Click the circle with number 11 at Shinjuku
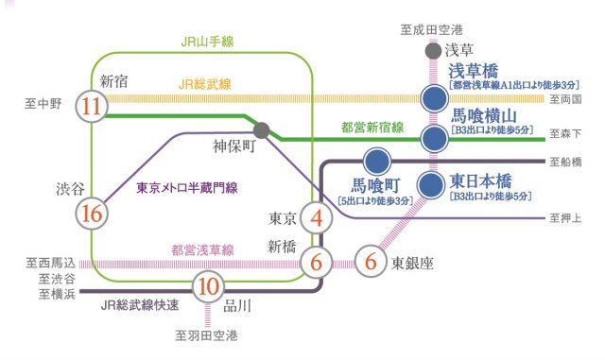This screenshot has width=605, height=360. pyautogui.click(x=92, y=107)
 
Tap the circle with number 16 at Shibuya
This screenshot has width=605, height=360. pyautogui.click(x=92, y=214)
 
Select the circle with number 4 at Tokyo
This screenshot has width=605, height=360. pyautogui.click(x=316, y=219)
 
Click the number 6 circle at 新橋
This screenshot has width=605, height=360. pyautogui.click(x=316, y=259)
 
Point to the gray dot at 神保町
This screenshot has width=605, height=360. pyautogui.click(x=262, y=129)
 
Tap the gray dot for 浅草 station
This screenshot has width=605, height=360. pyautogui.click(x=433, y=52)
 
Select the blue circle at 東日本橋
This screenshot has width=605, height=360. pyautogui.click(x=433, y=182)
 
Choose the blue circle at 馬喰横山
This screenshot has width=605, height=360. pyautogui.click(x=433, y=140)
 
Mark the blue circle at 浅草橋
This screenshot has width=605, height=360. pyautogui.click(x=433, y=97)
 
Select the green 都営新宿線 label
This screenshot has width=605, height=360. pyautogui.click(x=372, y=126)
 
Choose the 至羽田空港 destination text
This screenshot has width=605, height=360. pyautogui.click(x=206, y=334)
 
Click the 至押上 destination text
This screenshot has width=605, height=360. pyautogui.click(x=563, y=218)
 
